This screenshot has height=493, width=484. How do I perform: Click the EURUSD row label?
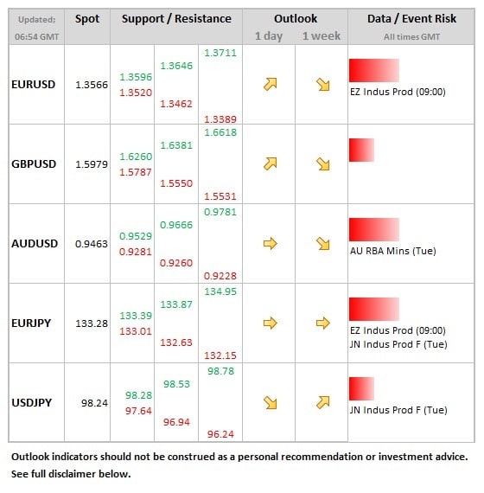coord(34,85)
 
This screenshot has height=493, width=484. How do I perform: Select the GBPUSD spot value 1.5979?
coord(92,164)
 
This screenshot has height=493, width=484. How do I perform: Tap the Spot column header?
coord(87,19)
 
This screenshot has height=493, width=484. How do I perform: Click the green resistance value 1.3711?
coord(220,53)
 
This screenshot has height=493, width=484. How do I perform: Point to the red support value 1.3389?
coord(220,119)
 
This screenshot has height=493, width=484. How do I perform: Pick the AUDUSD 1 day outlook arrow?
coord(271,244)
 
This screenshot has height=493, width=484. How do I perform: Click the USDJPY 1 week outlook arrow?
coord(322,402)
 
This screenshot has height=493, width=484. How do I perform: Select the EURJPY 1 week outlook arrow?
coord(322,323)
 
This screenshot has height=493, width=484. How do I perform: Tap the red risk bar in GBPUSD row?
coord(362,150)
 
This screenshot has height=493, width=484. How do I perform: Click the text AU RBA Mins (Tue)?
coord(393,251)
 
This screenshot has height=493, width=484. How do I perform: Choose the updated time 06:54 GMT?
coord(37,37)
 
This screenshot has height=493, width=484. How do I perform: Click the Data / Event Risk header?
coord(411,18)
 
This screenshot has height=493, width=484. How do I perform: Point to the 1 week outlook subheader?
coord(322,36)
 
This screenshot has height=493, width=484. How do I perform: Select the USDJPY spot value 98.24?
coord(94,403)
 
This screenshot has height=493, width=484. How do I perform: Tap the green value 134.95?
coord(220,291)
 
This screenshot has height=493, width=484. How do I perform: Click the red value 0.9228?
coord(220,276)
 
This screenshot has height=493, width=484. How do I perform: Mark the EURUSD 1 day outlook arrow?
coord(271,84)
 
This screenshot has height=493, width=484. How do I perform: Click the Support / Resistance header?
coord(176,19)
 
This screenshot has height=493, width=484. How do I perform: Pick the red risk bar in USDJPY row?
coord(362,388)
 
